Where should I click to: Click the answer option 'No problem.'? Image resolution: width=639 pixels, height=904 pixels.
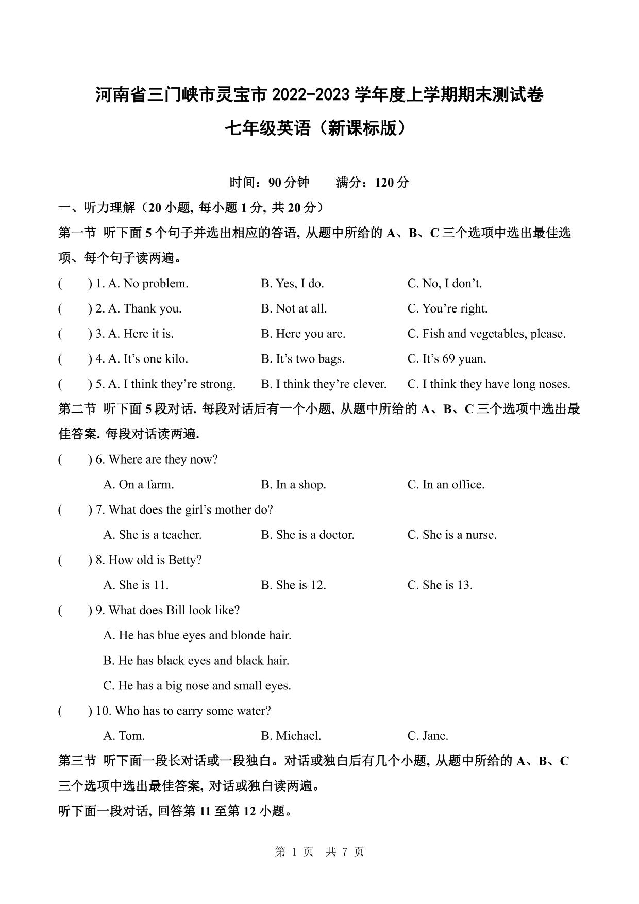click(156, 283)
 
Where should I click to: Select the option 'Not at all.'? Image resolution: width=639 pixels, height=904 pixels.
click(301, 308)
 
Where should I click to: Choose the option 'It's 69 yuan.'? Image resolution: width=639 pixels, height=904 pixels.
click(453, 359)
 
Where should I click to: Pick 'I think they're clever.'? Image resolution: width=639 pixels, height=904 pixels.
click(331, 384)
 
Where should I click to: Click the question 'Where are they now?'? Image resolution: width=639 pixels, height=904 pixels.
click(163, 459)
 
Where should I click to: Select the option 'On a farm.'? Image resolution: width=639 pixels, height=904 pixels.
click(146, 484)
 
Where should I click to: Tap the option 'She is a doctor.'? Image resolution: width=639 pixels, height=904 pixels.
click(315, 535)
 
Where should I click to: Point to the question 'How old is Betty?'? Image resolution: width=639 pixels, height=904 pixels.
click(155, 560)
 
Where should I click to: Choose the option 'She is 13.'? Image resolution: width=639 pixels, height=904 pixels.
click(447, 585)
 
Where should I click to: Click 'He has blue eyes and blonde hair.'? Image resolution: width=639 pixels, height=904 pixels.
click(205, 635)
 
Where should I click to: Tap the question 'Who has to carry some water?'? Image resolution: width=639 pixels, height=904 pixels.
click(193, 711)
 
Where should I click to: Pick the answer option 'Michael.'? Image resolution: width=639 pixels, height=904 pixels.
click(298, 736)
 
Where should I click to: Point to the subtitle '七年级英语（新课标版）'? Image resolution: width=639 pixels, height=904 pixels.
click(320, 128)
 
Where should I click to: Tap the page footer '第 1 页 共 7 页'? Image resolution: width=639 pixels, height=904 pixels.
click(320, 852)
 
